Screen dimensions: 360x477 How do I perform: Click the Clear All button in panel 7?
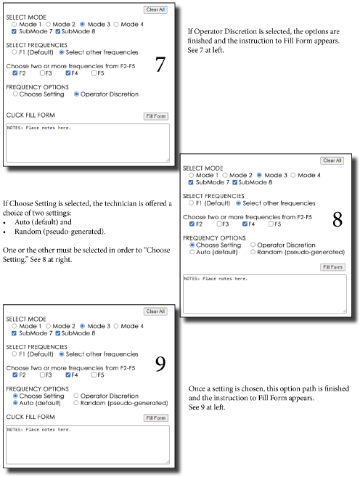pyautogui.click(x=155, y=9)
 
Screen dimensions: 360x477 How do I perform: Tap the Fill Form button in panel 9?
pyautogui.click(x=155, y=418)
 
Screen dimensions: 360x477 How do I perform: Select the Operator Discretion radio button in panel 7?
pyautogui.click(x=76, y=94)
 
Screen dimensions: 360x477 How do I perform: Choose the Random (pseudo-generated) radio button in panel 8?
pyautogui.click(x=253, y=252)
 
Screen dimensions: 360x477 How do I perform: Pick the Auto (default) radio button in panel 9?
pyautogui.click(x=15, y=403)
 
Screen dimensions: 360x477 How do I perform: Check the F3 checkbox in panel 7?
pyautogui.click(x=42, y=73)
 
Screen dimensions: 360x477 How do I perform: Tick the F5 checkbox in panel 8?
pyautogui.click(x=271, y=224)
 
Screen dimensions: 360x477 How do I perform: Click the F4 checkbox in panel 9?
pyautogui.click(x=68, y=375)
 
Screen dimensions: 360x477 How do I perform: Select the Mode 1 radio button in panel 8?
pyautogui.click(x=192, y=175)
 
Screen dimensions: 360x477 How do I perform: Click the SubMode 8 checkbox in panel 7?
pyautogui.click(x=58, y=31)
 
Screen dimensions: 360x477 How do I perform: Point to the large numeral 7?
pyautogui.click(x=160, y=64)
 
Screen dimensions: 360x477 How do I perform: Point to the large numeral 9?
pyautogui.click(x=160, y=364)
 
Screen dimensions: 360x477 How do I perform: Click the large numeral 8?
pyautogui.click(x=337, y=219)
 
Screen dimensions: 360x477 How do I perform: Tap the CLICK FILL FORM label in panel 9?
pyautogui.click(x=30, y=417)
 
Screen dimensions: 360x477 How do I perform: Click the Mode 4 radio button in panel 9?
pyautogui.click(x=116, y=326)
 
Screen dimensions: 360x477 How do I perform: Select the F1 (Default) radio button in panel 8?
pyautogui.click(x=192, y=203)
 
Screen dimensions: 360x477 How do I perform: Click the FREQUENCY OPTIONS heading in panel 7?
pyautogui.click(x=38, y=87)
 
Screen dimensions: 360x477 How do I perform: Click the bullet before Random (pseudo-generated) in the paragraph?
pyautogui.click(x=4, y=232)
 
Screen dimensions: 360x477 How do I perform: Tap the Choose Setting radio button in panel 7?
pyautogui.click(x=15, y=94)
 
